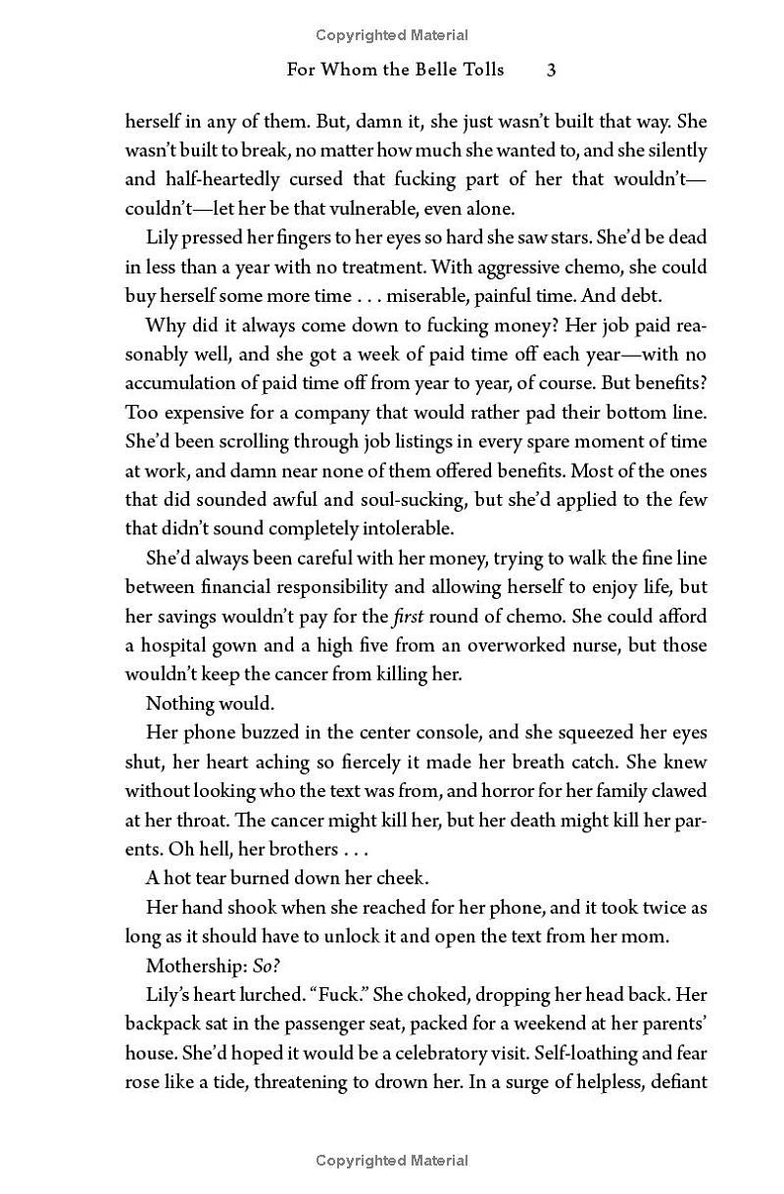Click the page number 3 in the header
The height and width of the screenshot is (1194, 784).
pyautogui.click(x=552, y=70)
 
